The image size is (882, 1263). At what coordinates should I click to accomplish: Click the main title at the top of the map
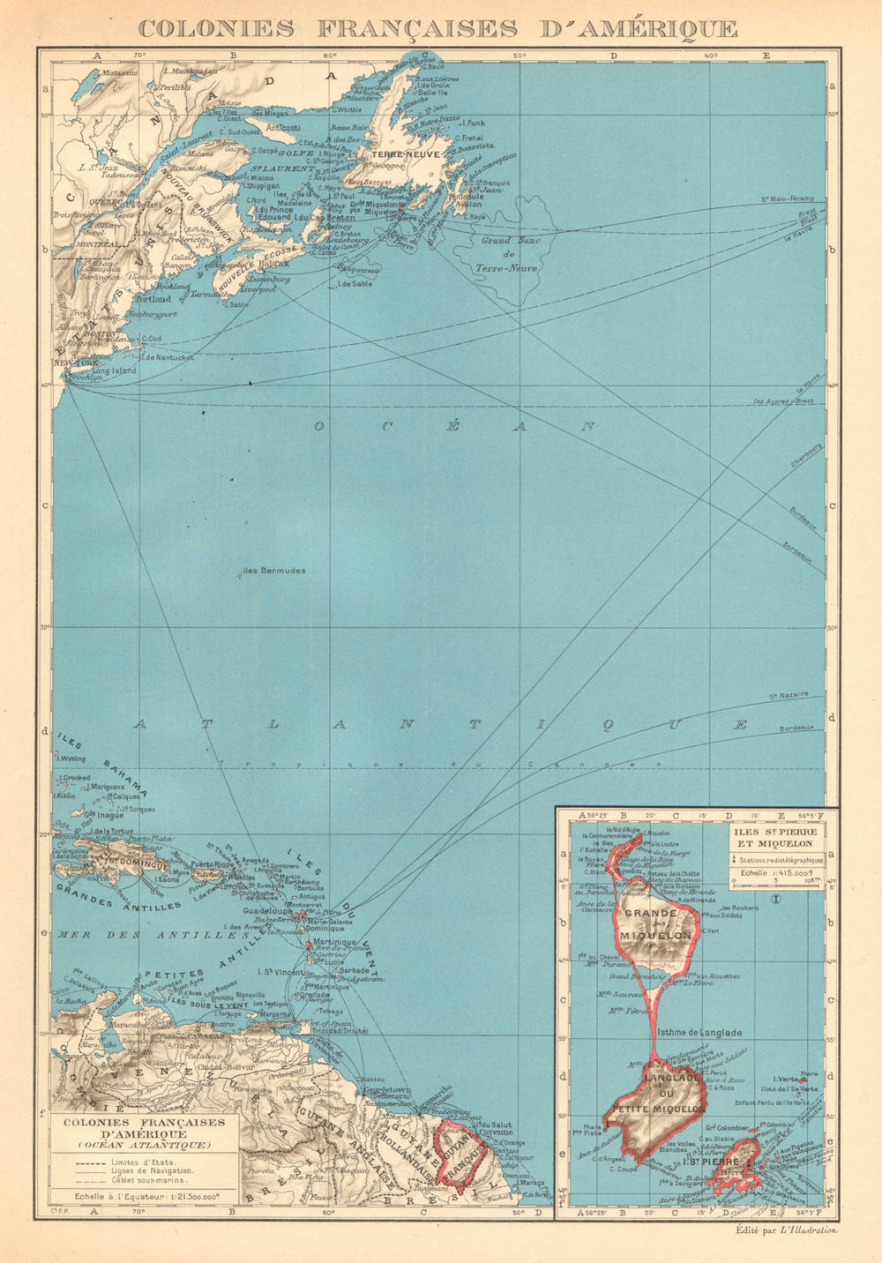tap(438, 27)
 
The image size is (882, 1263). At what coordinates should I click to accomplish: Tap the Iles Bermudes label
tap(273, 571)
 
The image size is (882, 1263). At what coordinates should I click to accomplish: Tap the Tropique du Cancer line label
tap(441, 764)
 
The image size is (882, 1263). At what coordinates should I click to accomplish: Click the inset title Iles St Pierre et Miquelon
tap(774, 837)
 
